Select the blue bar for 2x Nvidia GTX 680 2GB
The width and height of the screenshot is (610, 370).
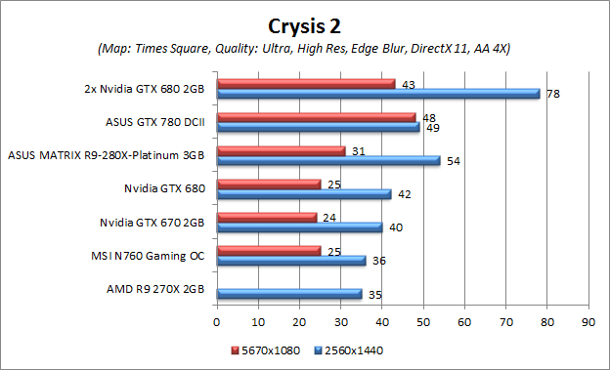click(377, 94)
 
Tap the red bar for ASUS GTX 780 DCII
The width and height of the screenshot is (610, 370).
click(316, 117)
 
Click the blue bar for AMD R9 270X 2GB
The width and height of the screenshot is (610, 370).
click(288, 293)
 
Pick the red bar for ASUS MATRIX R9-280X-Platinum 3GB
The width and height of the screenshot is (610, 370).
click(281, 150)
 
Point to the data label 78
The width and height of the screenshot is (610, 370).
click(553, 95)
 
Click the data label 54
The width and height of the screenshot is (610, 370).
click(454, 161)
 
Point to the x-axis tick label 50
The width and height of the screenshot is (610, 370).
click(422, 319)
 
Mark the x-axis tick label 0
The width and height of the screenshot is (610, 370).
click(216, 319)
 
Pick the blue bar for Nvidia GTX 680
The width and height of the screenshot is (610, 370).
click(303, 194)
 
